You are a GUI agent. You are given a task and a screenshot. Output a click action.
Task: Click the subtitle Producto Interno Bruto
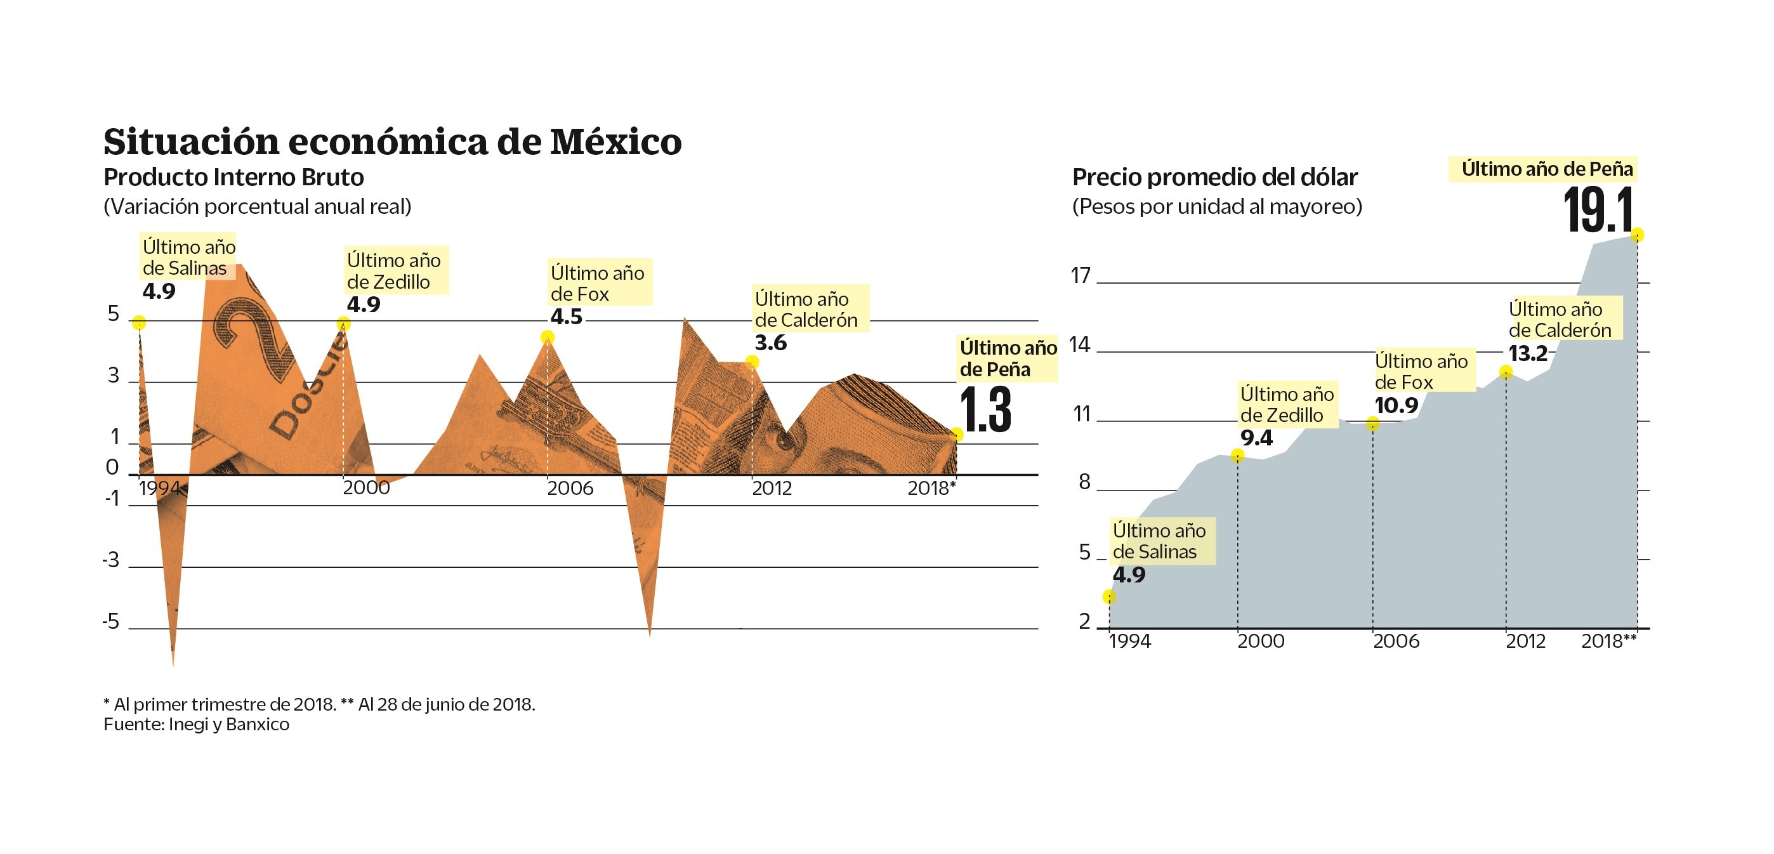[233, 178]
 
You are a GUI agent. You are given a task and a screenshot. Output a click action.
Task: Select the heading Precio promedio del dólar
[1215, 178]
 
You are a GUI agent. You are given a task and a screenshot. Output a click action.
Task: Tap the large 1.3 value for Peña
[985, 411]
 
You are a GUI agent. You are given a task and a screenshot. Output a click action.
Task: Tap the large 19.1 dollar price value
[1598, 210]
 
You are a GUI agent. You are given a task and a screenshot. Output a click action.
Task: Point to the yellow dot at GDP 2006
[548, 337]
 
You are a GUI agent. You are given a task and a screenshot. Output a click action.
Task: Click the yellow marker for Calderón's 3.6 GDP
[752, 362]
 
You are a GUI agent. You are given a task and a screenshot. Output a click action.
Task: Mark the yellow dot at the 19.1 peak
[1638, 235]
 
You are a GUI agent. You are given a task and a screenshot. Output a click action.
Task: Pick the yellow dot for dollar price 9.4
[1237, 456]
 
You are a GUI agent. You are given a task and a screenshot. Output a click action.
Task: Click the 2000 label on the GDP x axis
[366, 489]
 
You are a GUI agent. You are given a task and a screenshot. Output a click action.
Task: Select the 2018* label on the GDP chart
[931, 489]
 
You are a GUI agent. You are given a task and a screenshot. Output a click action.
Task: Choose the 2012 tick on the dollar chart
[1525, 641]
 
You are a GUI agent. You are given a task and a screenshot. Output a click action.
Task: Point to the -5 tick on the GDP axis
[111, 622]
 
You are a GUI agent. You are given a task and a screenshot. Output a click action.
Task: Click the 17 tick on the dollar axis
[1081, 276]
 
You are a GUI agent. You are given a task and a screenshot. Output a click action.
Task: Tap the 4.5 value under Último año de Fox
[566, 317]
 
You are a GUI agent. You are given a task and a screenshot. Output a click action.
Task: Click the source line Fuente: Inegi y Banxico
[196, 725]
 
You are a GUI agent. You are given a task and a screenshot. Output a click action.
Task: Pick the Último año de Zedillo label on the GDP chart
[394, 271]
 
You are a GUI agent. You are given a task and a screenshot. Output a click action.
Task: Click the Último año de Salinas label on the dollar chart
[1159, 541]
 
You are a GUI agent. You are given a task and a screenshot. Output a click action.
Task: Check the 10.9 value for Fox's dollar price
[1396, 405]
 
